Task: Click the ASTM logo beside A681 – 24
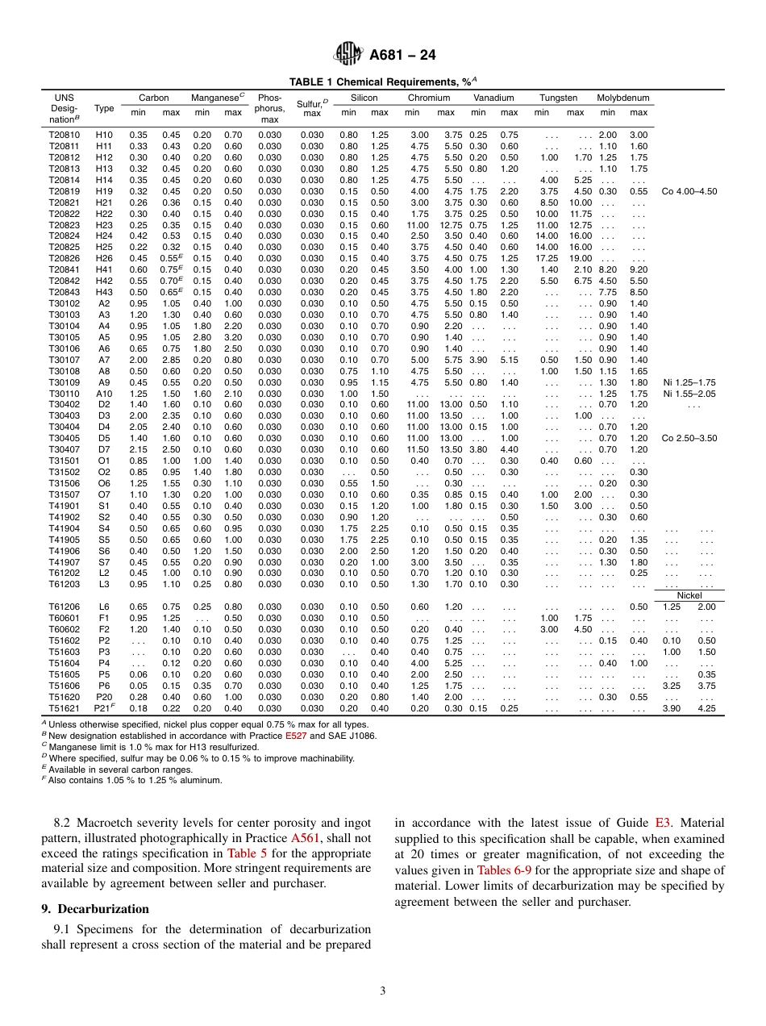(348, 55)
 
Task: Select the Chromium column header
(428, 98)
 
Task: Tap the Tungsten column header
(558, 98)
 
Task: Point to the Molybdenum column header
(622, 98)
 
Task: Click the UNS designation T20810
(65, 135)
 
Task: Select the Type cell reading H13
(104, 169)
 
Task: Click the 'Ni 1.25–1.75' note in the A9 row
(689, 382)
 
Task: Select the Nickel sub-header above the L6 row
(689, 596)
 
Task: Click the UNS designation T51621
(65, 707)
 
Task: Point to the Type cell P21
(105, 707)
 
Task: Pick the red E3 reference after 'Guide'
(663, 824)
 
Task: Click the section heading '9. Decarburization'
(95, 908)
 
